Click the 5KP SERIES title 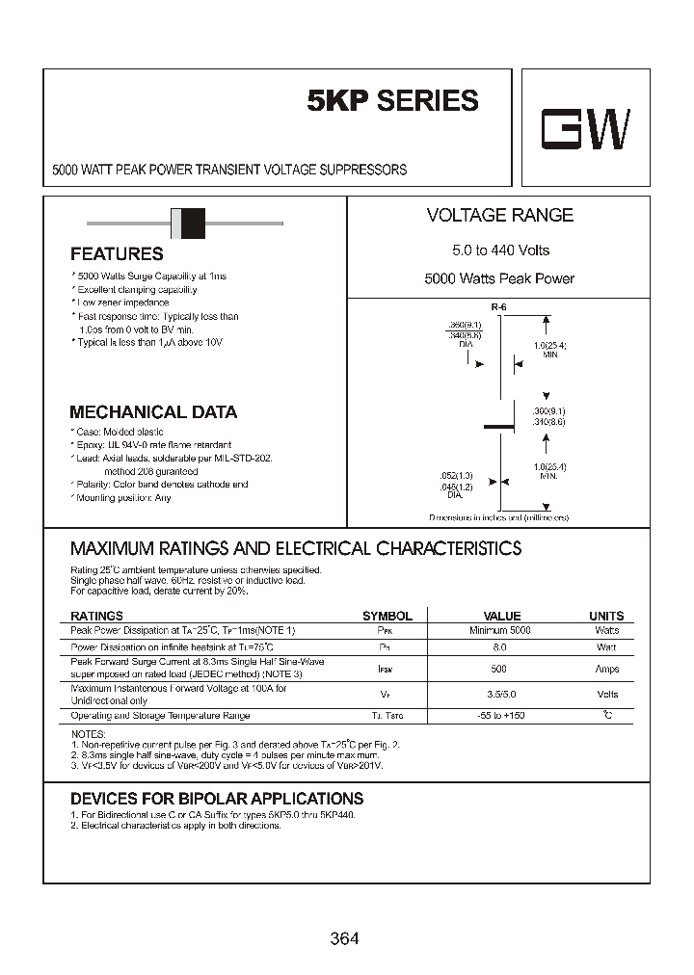point(392,101)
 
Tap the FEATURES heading point(117,254)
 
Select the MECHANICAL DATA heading point(153,412)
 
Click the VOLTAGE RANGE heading point(499,216)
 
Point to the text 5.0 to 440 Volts point(500,250)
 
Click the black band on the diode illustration point(193,224)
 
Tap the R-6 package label point(497,306)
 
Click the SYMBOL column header point(387,616)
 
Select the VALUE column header point(501,616)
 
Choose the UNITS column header point(606,616)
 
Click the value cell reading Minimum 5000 point(500,630)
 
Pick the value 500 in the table point(499,669)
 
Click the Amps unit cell point(607,669)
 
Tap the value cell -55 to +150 point(500,716)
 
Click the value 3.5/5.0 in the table point(500,694)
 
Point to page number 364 point(344,937)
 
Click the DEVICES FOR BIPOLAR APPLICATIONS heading point(217,799)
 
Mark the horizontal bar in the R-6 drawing point(499,425)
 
